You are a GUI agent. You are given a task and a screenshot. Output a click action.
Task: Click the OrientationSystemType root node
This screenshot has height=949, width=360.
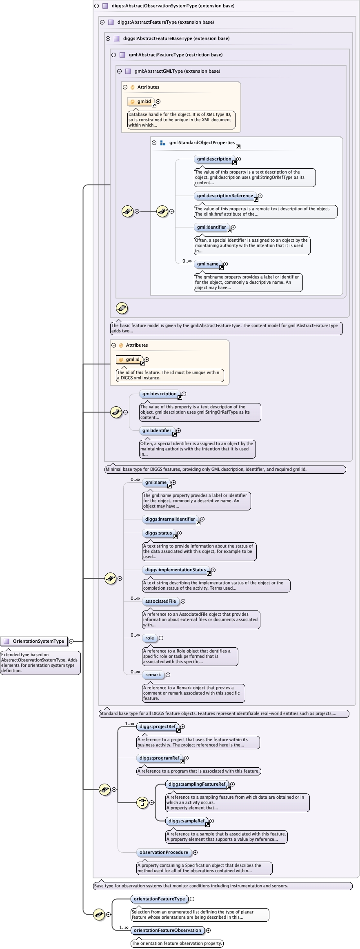click(34, 641)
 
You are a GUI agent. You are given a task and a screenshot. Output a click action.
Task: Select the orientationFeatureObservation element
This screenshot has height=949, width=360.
click(167, 930)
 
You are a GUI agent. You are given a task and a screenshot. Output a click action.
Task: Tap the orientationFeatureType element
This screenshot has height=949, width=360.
click(159, 899)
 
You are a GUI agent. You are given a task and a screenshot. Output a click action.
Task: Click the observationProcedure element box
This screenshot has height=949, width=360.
click(164, 852)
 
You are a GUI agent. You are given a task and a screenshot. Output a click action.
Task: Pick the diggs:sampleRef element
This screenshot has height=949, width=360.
click(187, 821)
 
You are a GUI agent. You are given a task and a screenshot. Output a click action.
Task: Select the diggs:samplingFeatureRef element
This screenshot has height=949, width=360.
click(197, 784)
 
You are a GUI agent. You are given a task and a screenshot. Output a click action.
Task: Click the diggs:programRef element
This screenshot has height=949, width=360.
click(159, 758)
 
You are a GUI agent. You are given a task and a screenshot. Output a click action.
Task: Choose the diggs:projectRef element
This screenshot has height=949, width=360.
click(158, 726)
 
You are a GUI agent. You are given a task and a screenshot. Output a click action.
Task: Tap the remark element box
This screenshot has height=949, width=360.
click(153, 675)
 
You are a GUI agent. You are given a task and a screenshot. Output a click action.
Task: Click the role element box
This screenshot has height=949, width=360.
click(149, 638)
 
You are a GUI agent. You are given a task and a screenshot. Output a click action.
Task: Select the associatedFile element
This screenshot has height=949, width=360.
click(160, 601)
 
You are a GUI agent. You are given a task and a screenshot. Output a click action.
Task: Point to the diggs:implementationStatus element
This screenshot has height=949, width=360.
click(176, 570)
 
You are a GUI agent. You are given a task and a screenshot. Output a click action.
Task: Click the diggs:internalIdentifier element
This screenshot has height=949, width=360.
click(170, 519)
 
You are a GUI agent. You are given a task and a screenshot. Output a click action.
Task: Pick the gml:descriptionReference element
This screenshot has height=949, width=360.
click(225, 196)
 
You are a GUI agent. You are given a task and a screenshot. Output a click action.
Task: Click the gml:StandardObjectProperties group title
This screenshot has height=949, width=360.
click(202, 143)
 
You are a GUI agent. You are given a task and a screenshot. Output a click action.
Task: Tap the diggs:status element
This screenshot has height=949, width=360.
click(158, 533)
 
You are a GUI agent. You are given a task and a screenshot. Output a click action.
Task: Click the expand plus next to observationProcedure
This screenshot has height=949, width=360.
click(195, 852)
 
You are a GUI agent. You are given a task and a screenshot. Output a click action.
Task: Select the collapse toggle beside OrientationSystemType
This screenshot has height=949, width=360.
click(71, 641)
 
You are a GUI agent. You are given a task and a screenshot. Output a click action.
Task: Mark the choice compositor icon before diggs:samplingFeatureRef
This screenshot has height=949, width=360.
click(142, 802)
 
